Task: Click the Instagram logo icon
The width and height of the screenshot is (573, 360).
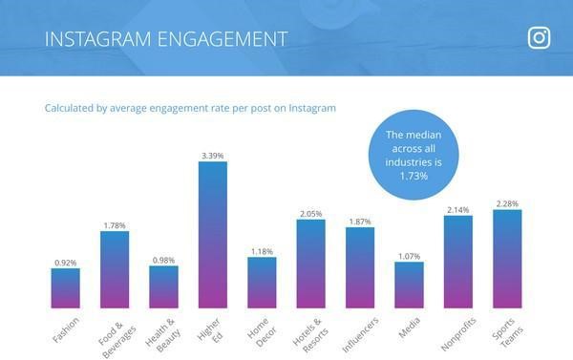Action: point(540,38)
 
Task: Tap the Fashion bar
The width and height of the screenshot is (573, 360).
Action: point(66,287)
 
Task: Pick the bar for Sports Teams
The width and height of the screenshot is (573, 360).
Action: point(507,258)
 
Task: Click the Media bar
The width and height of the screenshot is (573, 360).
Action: point(409,284)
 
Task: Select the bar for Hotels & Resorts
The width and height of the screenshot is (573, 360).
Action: point(310,264)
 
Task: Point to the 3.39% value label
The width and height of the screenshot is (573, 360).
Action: point(213,154)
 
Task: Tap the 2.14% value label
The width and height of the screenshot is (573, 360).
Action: point(458,208)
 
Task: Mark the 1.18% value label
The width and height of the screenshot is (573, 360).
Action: point(262,250)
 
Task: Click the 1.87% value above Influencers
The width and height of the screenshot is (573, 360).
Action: point(360,221)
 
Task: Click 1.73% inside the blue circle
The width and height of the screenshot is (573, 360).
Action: point(414,178)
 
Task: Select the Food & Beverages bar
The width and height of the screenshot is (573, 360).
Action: point(115,269)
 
